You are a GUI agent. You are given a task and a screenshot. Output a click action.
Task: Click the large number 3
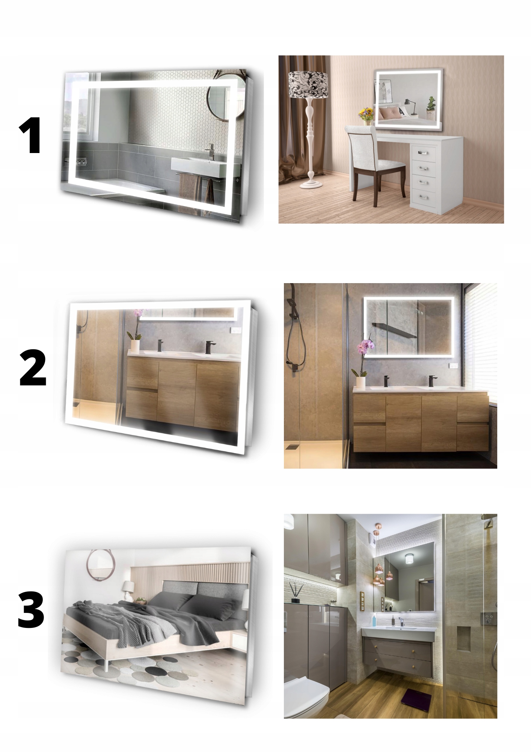31,609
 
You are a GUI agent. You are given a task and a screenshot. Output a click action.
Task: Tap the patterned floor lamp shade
308,85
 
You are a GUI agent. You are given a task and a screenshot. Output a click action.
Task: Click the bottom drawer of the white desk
424,197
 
